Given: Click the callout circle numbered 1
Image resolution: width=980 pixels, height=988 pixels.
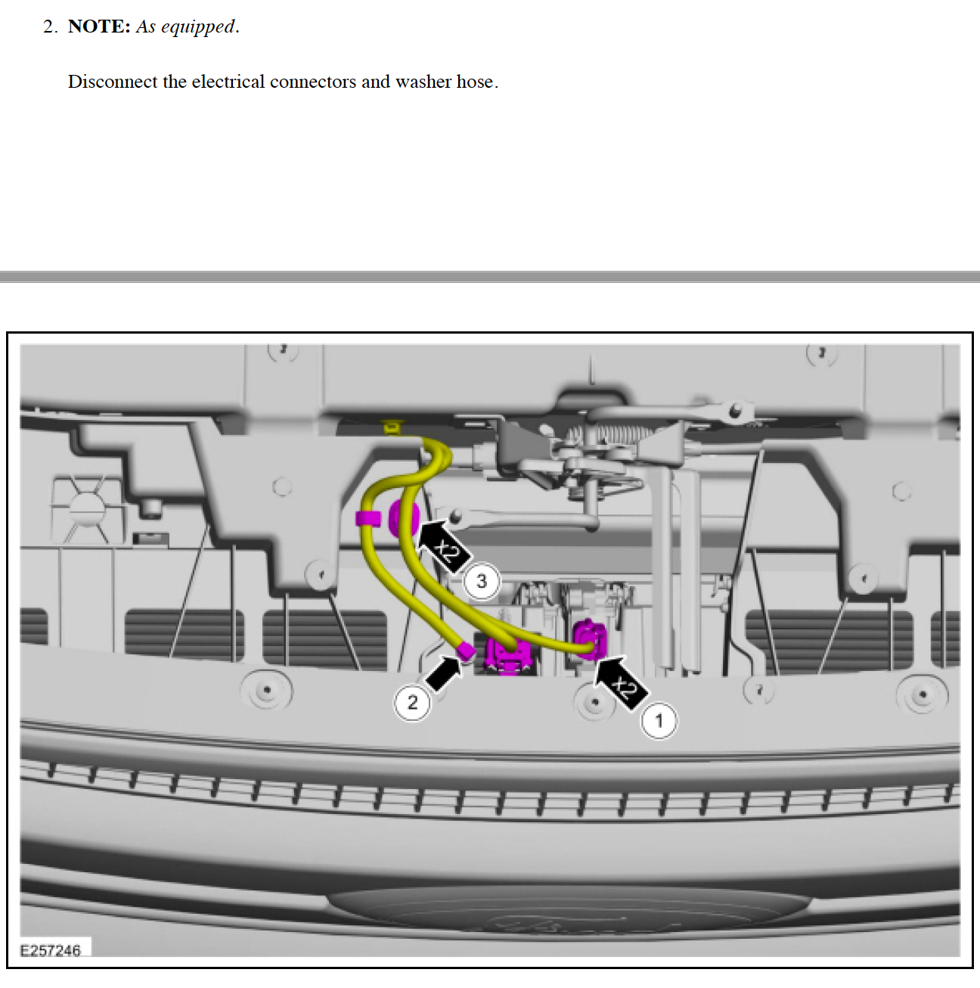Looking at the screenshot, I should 659,721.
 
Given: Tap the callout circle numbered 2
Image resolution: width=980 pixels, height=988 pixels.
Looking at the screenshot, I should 412,703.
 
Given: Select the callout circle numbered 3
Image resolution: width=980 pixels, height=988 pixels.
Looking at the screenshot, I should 482,582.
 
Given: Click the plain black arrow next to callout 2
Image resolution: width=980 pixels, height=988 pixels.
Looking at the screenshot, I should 443,672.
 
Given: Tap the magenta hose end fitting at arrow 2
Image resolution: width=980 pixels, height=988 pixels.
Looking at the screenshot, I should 467,650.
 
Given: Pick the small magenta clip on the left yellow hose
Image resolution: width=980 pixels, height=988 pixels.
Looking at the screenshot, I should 368,518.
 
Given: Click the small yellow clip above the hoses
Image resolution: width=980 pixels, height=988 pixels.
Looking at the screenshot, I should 391,427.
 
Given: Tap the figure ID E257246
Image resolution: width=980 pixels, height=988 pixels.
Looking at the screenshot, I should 50,951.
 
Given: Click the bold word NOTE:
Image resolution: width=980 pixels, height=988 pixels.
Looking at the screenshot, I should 99,26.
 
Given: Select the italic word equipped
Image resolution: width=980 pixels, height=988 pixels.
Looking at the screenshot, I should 198,27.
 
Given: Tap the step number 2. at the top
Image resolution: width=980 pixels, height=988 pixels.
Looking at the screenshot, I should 51,26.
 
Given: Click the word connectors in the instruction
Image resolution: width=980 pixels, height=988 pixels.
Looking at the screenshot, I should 313,82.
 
